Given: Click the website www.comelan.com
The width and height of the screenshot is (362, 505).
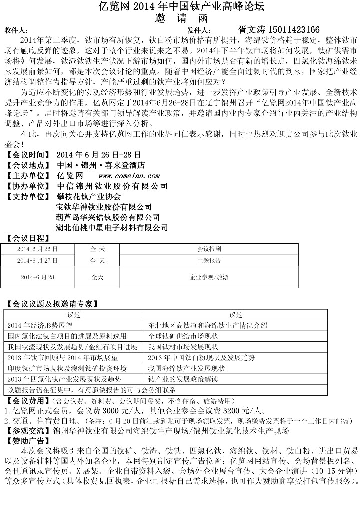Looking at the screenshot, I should click(x=129, y=176).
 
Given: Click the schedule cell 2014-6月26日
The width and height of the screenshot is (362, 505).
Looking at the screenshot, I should click(x=37, y=248).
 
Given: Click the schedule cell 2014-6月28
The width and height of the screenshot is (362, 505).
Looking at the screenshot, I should click(x=37, y=277).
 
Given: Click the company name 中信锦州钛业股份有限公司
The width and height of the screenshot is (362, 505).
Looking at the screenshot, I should click(x=112, y=186).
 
